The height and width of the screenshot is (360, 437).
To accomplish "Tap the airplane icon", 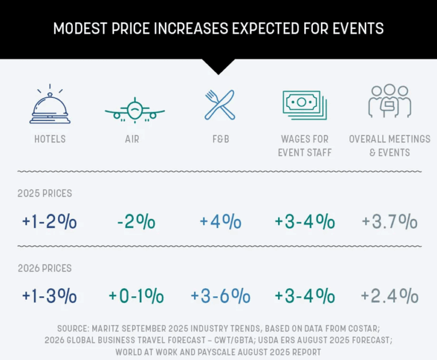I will tap(134, 109).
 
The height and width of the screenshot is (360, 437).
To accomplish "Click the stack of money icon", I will tap(304, 105).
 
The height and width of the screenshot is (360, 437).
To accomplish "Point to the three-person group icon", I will tap(389, 102).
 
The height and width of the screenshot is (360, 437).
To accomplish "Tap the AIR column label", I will tap(132, 139).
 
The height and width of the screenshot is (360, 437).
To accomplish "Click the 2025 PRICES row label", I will tap(45, 193).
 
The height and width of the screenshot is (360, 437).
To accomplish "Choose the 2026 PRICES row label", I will tap(45, 268).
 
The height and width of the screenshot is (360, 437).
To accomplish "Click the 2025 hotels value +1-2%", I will tap(50, 222).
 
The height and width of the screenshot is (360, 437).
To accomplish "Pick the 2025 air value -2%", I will tap(135, 222).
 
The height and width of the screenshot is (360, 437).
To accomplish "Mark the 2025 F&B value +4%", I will tap(220, 222).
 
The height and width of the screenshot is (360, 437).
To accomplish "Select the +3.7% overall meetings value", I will tap(389, 222).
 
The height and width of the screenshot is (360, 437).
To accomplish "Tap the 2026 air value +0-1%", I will tap(136, 296).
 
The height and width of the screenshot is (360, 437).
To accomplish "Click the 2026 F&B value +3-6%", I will tap(220, 296).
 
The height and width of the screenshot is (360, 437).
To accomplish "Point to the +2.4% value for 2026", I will tap(389, 296).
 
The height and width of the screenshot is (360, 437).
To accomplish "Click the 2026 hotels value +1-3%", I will tap(50, 296).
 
